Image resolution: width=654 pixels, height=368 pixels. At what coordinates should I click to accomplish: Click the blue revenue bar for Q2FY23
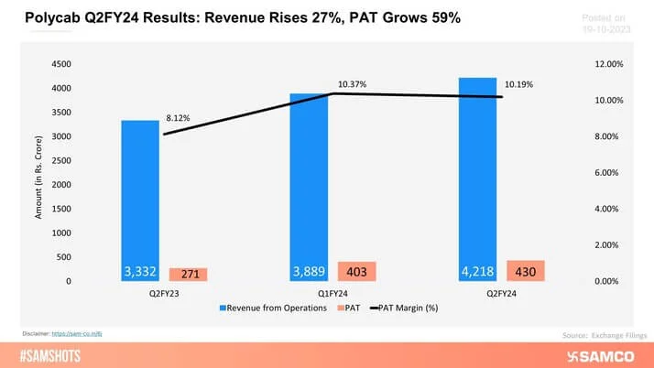[140, 200]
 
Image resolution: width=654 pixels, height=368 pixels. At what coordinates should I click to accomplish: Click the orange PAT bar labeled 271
[189, 274]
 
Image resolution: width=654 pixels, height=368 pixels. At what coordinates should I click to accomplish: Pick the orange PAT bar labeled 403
[356, 271]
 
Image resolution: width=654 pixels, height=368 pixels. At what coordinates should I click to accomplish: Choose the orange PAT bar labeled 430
[525, 270]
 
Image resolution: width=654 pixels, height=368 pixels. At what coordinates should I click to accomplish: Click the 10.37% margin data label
[352, 84]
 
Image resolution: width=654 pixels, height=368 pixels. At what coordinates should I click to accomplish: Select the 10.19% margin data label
[518, 84]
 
